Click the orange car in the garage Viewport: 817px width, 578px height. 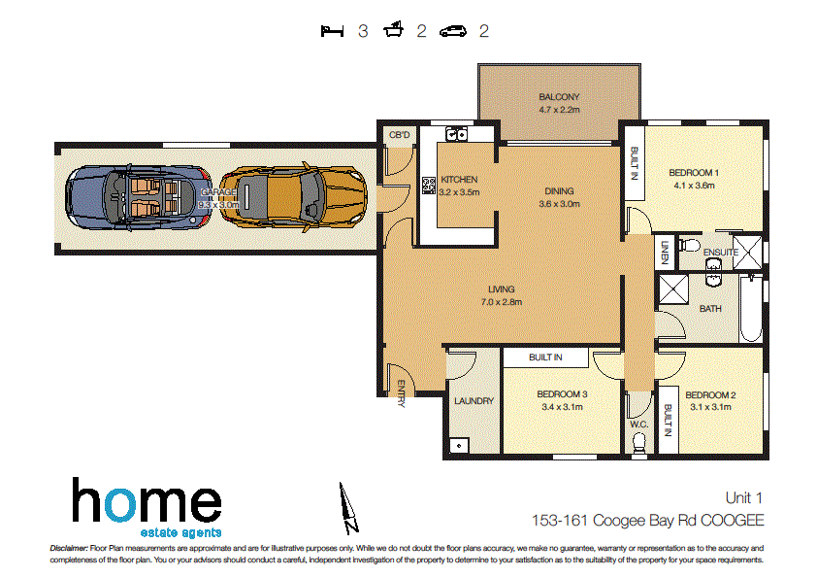coord(292,193)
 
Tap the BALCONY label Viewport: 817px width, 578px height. coord(559,97)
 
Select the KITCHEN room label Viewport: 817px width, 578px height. coord(459,180)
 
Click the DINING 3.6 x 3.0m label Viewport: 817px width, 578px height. coord(559,197)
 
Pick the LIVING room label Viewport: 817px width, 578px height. coord(502,289)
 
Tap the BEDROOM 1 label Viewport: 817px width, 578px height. coord(692,173)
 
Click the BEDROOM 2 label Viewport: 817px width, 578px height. coord(710,395)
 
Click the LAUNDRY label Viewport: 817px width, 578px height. coord(474,400)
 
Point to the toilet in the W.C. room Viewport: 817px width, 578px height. coord(638,442)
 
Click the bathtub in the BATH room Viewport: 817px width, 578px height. coord(750,309)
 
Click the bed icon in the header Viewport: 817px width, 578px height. coord(333,31)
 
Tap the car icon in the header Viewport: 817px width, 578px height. coord(453,31)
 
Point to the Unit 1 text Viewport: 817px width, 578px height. coord(744,497)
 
